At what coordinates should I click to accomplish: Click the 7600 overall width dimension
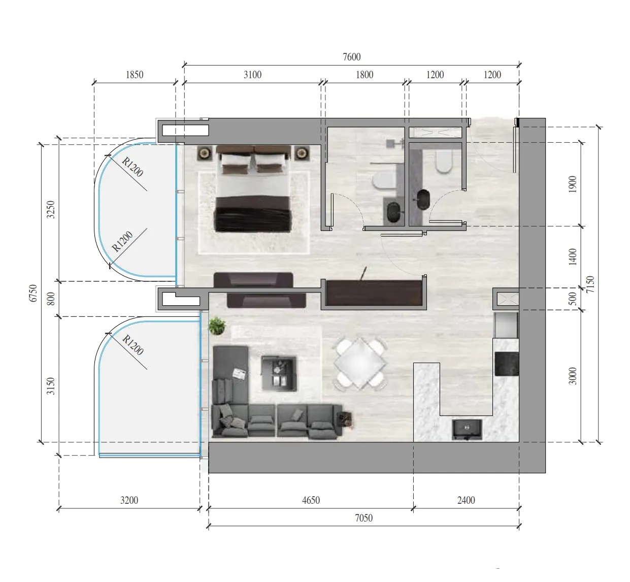pyautogui.click(x=351, y=57)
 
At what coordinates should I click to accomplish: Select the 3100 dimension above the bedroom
pyautogui.click(x=252, y=75)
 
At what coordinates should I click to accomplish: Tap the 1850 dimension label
pyautogui.click(x=135, y=75)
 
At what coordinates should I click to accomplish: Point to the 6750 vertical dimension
pyautogui.click(x=33, y=293)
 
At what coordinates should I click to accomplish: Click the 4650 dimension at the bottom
pyautogui.click(x=311, y=500)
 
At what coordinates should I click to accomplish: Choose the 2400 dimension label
pyautogui.click(x=466, y=500)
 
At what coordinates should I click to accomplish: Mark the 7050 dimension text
pyautogui.click(x=363, y=518)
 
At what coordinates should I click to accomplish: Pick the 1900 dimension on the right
pyautogui.click(x=573, y=184)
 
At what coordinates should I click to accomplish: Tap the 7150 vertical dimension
pyautogui.click(x=590, y=284)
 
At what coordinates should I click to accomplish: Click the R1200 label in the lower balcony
pyautogui.click(x=133, y=345)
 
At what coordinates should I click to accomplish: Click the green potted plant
pyautogui.click(x=217, y=326)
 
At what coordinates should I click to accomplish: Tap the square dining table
pyautogui.click(x=360, y=363)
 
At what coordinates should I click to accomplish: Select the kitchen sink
pyautogui.click(x=467, y=429)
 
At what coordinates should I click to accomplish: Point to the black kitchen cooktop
pyautogui.click(x=506, y=364)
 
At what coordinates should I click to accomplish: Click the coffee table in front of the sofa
pyautogui.click(x=279, y=373)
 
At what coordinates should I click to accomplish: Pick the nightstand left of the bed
pyautogui.click(x=205, y=153)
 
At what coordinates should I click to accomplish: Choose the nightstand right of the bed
pyautogui.click(x=302, y=153)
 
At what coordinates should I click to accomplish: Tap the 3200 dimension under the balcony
pyautogui.click(x=129, y=500)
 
